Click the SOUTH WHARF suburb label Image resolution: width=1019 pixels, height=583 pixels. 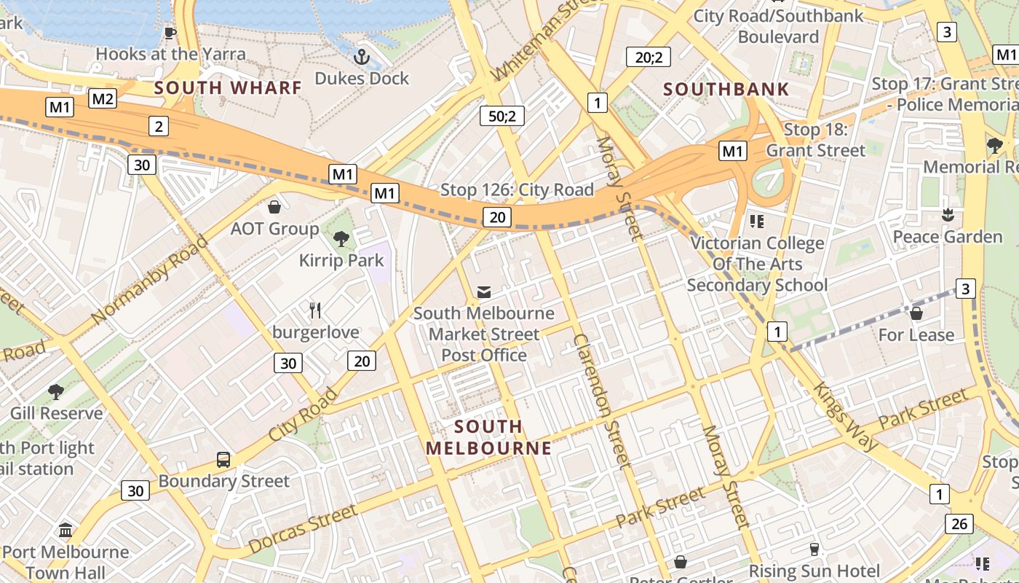tap(228, 88)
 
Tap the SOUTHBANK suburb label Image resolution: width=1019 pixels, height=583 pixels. tap(726, 90)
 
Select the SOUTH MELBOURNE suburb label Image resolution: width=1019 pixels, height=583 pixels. tap(488, 437)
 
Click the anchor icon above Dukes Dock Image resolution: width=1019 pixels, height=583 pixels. tap(361, 55)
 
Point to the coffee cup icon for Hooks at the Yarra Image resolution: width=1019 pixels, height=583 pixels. tap(170, 33)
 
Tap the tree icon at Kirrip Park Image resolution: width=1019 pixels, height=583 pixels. tap(341, 238)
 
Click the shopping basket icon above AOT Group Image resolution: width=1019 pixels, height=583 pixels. tap(274, 207)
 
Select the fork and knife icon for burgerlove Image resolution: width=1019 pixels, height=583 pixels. tap(315, 310)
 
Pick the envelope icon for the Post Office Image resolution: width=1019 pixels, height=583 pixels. tap(483, 292)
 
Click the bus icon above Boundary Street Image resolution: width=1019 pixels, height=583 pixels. tap(223, 460)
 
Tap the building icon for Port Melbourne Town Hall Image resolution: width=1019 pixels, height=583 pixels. tap(66, 530)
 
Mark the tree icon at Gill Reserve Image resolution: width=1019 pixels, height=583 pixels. tap(56, 392)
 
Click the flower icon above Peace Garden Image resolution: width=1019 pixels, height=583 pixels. tap(947, 215)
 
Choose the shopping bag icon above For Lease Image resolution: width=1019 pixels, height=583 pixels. tap(916, 313)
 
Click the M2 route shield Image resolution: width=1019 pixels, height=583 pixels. tap(103, 98)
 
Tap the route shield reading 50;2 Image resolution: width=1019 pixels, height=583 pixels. tap(502, 115)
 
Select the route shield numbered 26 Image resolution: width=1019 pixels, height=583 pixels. tap(959, 523)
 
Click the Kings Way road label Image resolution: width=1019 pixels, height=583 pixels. tap(846, 416)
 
